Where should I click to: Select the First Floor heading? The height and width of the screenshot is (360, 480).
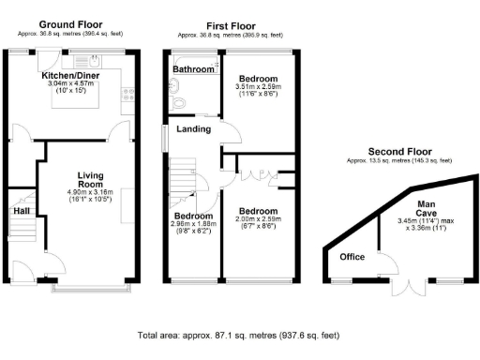[x=229, y=24]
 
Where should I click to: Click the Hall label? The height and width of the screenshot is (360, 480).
[x=21, y=212]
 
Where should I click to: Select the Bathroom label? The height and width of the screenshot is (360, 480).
[x=193, y=68]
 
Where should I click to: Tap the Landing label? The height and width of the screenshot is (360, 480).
[x=193, y=129]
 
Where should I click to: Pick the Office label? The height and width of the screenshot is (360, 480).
[x=352, y=257]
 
